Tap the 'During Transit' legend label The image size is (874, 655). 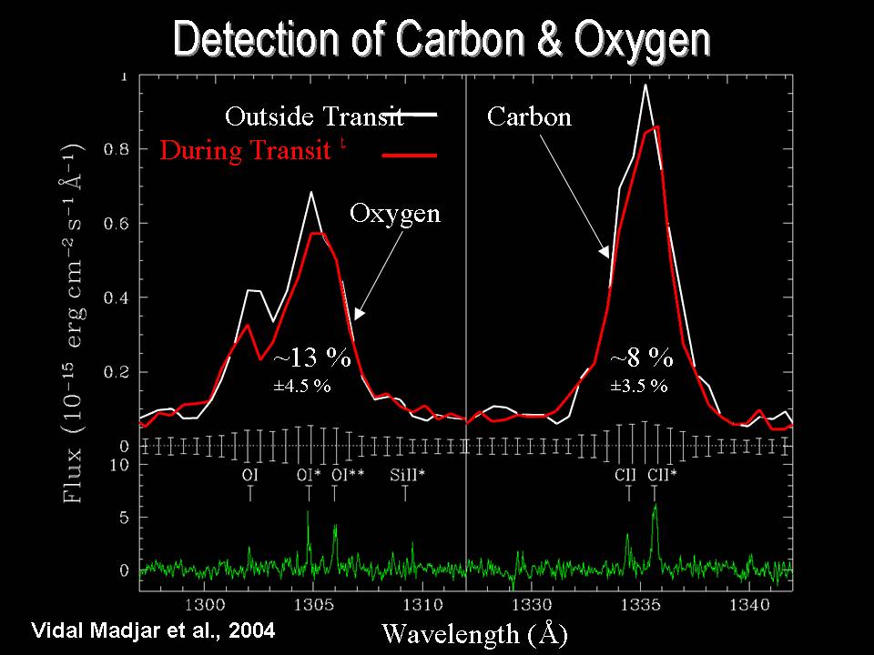[x=245, y=150]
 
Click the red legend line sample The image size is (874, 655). [x=410, y=156]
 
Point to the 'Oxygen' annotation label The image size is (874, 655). [x=395, y=214]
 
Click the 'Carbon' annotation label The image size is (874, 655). [x=529, y=116]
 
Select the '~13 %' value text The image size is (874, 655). [x=312, y=358]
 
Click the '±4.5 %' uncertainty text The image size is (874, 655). [x=302, y=386]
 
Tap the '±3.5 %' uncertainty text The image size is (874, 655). [x=639, y=386]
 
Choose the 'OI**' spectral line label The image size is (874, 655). [x=348, y=475]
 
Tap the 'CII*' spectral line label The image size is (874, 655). [x=662, y=475]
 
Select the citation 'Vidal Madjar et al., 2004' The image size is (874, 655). [x=152, y=629]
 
